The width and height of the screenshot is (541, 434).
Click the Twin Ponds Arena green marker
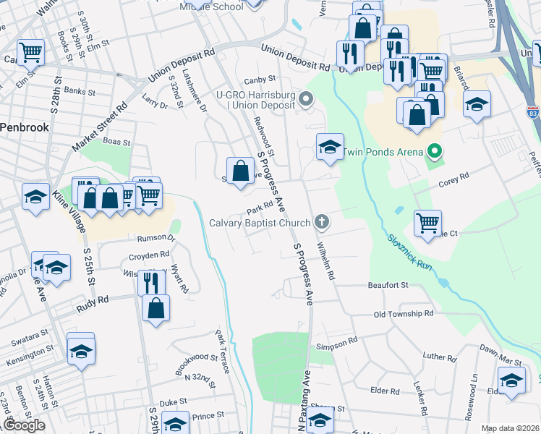click(434, 152)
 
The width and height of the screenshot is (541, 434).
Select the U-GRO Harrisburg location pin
click(306, 99)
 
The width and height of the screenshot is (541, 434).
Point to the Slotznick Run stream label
click(409, 252)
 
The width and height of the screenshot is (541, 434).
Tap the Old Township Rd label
click(403, 314)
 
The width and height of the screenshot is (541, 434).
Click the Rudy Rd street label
click(92, 299)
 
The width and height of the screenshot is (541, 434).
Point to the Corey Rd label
click(454, 175)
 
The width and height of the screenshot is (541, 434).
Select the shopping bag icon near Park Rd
click(242, 171)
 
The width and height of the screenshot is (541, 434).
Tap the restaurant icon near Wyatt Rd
click(151, 281)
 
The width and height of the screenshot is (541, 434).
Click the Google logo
click(24, 425)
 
